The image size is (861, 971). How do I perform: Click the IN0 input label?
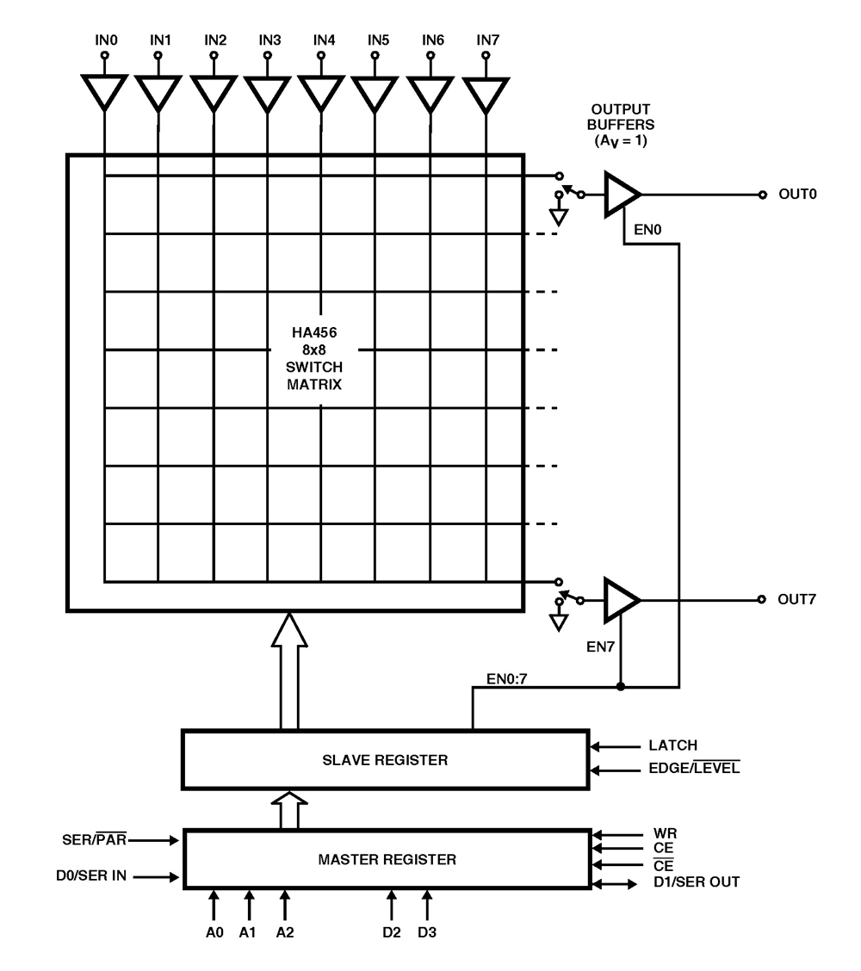pos(104,40)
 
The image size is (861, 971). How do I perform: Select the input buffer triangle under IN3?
pos(267,90)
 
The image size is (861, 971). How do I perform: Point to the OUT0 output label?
pos(796,195)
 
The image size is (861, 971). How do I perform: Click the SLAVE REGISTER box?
pos(385,759)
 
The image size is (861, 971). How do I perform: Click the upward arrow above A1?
pos(249,906)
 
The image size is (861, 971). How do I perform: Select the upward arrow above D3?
pos(426,906)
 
